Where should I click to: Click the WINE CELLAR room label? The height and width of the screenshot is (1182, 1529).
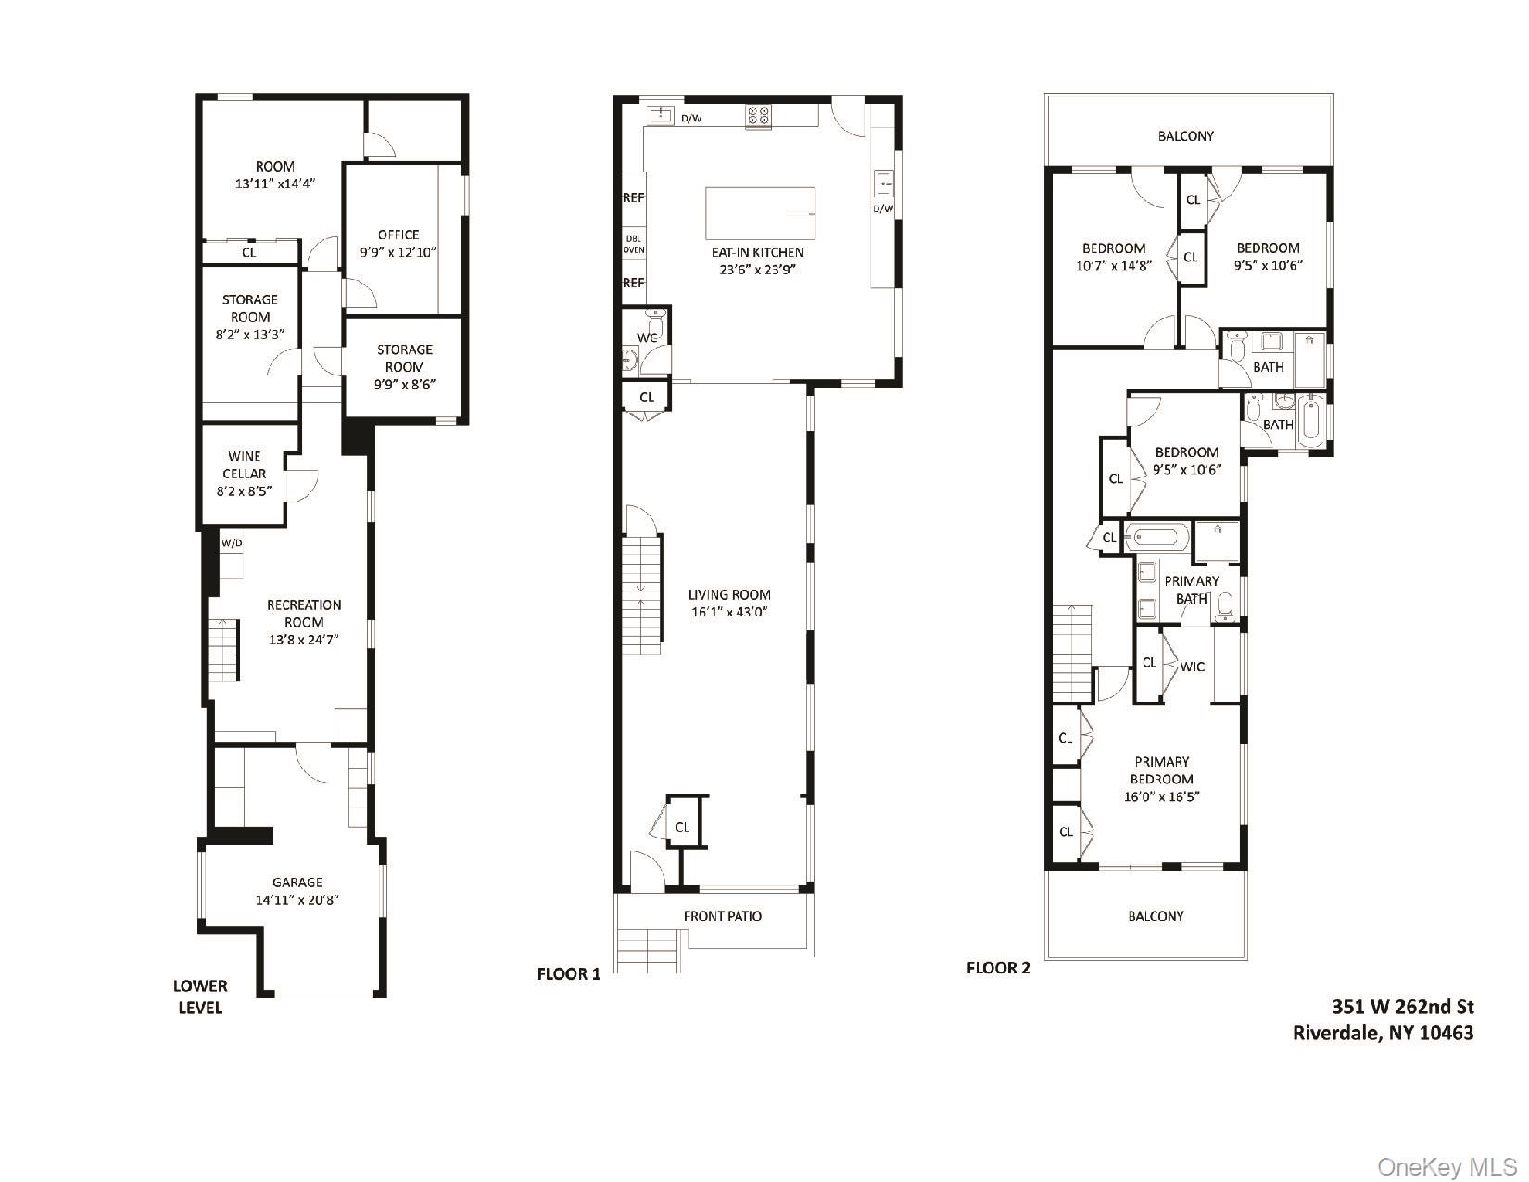coord(245,464)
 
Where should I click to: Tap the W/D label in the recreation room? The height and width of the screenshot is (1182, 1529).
coord(231,543)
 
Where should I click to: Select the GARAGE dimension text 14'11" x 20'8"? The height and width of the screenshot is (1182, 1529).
coord(297,899)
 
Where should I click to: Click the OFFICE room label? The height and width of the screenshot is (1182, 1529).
coord(398,235)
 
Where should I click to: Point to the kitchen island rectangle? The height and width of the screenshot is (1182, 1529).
coord(760,213)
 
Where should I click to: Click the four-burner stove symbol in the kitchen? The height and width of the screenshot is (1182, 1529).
coord(758,116)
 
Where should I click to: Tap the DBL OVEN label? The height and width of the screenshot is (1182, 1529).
coord(633,245)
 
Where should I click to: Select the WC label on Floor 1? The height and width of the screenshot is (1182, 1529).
coord(647,337)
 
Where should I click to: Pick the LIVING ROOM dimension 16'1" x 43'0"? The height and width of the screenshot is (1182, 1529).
coord(730,612)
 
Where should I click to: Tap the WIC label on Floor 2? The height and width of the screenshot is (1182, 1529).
coord(1192,667)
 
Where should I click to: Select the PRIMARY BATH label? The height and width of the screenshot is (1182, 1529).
coord(1192,590)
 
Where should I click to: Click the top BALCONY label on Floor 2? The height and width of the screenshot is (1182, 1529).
coord(1185,136)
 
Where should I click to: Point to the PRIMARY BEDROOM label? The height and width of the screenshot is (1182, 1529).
coord(1161,770)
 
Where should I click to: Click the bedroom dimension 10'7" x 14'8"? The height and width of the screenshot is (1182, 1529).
coord(1114,266)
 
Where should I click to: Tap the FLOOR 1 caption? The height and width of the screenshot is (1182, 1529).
coord(569,973)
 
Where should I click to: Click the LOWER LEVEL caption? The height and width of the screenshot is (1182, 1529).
coord(200,997)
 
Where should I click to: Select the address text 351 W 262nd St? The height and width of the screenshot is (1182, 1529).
coord(1402,1006)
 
